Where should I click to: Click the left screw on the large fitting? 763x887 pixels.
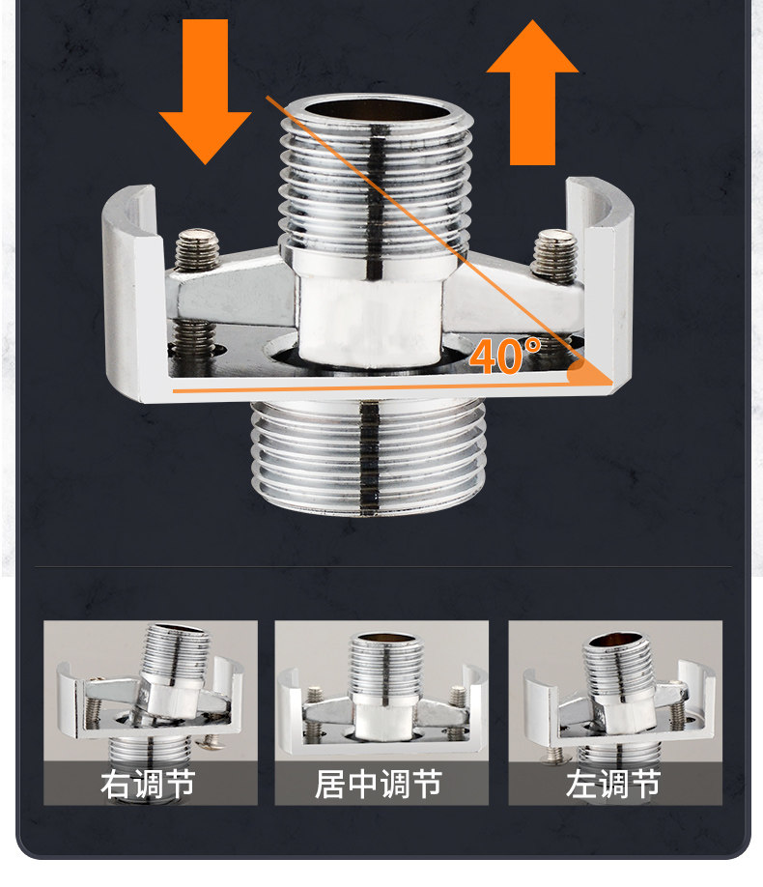(x=198, y=253)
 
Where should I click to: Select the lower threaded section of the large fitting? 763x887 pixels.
(x=367, y=454)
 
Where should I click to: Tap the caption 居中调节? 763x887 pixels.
(x=380, y=783)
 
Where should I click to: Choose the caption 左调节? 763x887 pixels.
(x=613, y=783)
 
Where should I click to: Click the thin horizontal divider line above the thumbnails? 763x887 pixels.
(x=381, y=565)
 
